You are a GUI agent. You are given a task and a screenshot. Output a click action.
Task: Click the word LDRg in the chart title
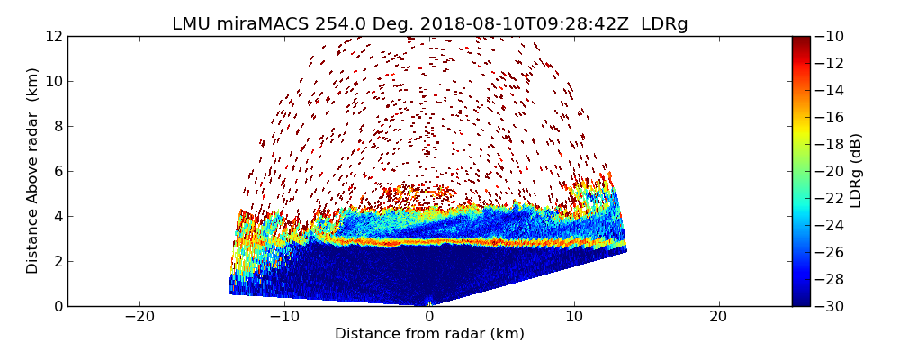tap(664, 24)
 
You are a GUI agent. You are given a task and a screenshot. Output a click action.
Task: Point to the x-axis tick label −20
tap(139, 317)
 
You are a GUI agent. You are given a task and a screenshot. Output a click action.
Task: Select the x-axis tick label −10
tap(284, 317)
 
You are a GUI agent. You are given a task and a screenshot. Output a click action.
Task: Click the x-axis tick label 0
tap(429, 317)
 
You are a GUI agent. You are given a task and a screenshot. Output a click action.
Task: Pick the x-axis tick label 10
tap(574, 317)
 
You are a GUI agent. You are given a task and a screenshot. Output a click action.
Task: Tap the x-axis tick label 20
tap(718, 317)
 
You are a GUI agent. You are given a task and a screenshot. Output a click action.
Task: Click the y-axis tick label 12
tap(53, 36)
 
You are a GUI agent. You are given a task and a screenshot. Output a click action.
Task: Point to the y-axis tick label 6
tap(57, 171)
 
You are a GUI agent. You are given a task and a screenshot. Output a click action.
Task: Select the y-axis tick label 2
tap(57, 261)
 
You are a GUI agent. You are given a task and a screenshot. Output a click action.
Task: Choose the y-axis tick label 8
tap(57, 126)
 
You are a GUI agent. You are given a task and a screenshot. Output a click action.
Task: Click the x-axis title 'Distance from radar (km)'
tap(429, 334)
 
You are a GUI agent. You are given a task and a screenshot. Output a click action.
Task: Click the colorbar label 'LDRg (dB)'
tap(856, 171)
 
